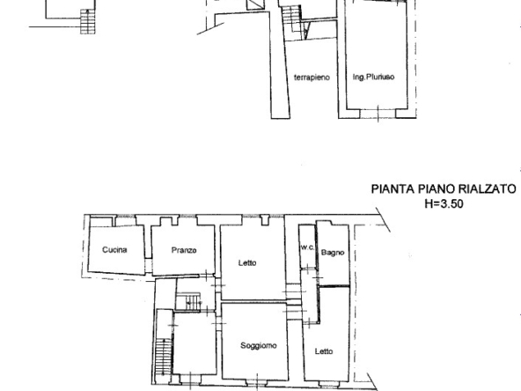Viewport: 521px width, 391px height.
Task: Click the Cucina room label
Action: pos(114,250)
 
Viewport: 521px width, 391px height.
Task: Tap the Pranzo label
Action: pos(184,250)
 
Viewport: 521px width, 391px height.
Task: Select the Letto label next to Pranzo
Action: pos(247,262)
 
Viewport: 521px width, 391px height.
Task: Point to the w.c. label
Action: pos(307,247)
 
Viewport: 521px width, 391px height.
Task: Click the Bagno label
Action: pos(333,253)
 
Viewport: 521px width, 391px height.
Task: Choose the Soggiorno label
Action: pos(259,345)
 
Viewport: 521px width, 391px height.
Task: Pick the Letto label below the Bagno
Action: pos(324,351)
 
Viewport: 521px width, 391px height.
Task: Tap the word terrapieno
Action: pos(312,77)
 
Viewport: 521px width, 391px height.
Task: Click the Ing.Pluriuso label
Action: pos(373,77)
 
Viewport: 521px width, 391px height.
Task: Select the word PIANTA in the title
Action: pos(392,188)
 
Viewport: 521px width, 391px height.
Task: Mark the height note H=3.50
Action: pos(444,203)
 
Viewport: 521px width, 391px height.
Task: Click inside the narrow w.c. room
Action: pos(307,264)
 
